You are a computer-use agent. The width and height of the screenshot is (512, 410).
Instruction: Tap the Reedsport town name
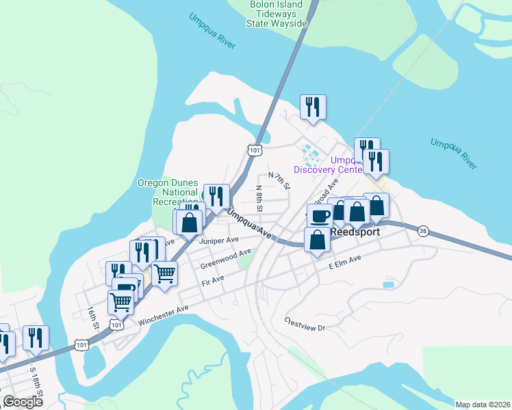[355, 232]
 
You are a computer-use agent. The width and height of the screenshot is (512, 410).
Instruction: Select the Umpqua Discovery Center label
[327, 165]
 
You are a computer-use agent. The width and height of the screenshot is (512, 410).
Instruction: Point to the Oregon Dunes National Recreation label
[168, 193]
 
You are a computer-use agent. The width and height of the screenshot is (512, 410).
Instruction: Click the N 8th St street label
[259, 197]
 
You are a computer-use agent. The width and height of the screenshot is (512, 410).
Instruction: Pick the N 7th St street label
[279, 180]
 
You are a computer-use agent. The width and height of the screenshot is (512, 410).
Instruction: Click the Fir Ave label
[213, 279]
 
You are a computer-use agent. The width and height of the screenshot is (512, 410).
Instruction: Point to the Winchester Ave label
[163, 315]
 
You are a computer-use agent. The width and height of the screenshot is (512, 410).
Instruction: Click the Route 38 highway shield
[423, 231]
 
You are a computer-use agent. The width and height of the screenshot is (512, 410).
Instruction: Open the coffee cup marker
[320, 216]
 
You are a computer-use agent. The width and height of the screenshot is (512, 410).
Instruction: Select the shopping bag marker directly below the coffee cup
[317, 241]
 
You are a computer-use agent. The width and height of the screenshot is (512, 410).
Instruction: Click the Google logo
[23, 401]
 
